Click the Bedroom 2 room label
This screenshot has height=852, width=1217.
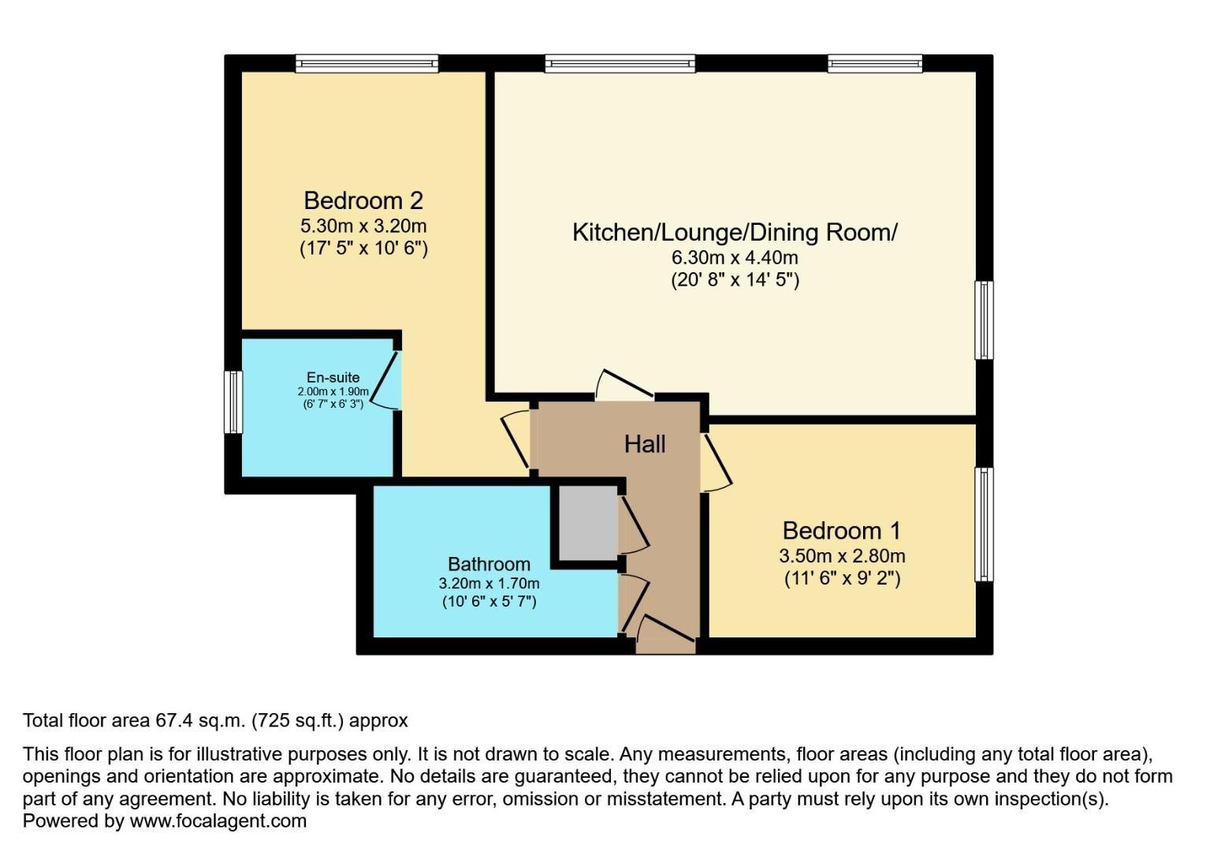[363, 200]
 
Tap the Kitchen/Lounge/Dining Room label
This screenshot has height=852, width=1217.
[735, 232]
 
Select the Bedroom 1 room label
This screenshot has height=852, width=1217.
[841, 530]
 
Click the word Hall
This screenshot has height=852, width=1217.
[645, 444]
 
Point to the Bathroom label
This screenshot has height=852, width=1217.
[489, 564]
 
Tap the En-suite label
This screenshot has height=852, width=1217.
[333, 378]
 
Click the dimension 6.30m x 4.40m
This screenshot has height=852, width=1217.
[735, 257]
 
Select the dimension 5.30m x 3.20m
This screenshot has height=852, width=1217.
[363, 226]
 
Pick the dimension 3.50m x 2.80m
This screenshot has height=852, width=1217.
[842, 555]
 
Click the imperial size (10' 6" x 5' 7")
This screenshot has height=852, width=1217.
[489, 602]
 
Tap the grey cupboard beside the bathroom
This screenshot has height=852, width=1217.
[588, 522]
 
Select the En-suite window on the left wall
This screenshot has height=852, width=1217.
[233, 402]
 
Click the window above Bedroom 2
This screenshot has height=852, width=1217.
[367, 63]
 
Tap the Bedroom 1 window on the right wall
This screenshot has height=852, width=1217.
[984, 524]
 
